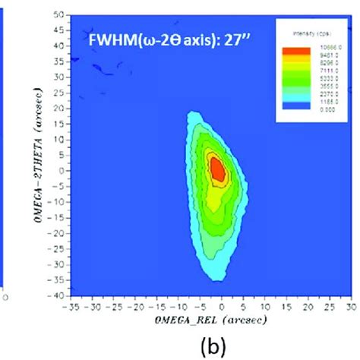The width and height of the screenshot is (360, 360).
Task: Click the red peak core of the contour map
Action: click(x=216, y=169)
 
